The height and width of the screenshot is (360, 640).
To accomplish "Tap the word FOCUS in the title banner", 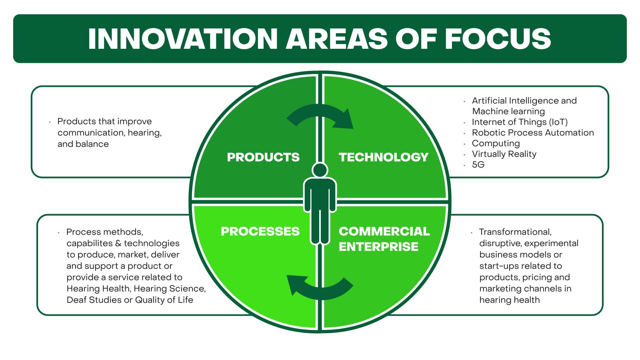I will [498, 39].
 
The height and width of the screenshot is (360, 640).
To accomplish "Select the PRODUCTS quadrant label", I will [263, 157].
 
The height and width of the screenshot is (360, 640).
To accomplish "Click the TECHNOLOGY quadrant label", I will [383, 157].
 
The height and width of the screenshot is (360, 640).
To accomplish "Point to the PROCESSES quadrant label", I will [260, 231].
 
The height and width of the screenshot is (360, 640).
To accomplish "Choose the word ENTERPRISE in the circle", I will [378, 246].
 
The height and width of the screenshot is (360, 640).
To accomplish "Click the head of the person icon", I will [320, 170].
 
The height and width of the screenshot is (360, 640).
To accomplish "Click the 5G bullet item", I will [478, 164].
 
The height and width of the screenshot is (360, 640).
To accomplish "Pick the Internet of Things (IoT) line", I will [520, 122].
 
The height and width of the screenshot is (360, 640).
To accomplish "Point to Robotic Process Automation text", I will [533, 132].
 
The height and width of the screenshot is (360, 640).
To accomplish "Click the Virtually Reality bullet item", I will [504, 154].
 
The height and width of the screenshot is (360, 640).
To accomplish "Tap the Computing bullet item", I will [496, 143].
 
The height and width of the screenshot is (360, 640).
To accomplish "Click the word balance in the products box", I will [93, 144].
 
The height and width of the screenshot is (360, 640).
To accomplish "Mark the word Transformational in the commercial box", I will [515, 232].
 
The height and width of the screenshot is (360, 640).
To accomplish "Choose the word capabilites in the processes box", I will [90, 243].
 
